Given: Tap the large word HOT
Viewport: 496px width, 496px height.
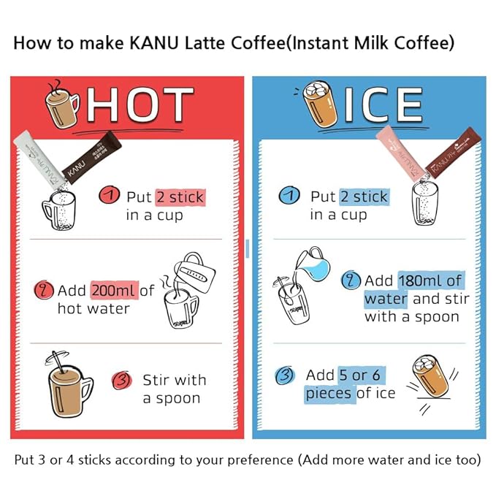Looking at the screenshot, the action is [x=140, y=104].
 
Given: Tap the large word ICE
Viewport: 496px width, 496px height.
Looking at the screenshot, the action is [x=384, y=104].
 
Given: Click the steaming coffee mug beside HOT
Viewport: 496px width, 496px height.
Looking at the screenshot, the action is [x=61, y=104].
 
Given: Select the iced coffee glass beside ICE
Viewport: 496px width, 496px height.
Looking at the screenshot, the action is [x=319, y=104].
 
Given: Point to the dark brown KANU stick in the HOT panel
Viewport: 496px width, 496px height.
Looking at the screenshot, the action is [x=92, y=158].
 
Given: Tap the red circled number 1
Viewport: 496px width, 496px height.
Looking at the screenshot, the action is [x=109, y=195].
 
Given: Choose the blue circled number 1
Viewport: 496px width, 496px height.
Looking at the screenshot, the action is [x=289, y=195].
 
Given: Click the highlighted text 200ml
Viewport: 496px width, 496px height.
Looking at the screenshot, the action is [x=115, y=291].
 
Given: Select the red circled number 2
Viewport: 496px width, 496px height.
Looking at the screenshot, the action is [x=44, y=290].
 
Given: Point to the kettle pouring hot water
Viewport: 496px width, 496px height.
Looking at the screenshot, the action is [x=194, y=272].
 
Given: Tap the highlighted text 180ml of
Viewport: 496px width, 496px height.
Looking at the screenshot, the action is [x=431, y=281].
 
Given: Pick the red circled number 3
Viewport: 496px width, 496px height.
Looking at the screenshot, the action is [x=122, y=381].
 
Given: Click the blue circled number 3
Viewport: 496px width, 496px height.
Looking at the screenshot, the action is [x=285, y=375].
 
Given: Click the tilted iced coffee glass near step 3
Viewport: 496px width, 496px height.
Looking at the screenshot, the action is [x=431, y=375].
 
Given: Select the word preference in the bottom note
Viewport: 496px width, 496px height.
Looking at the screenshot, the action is [x=260, y=460].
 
